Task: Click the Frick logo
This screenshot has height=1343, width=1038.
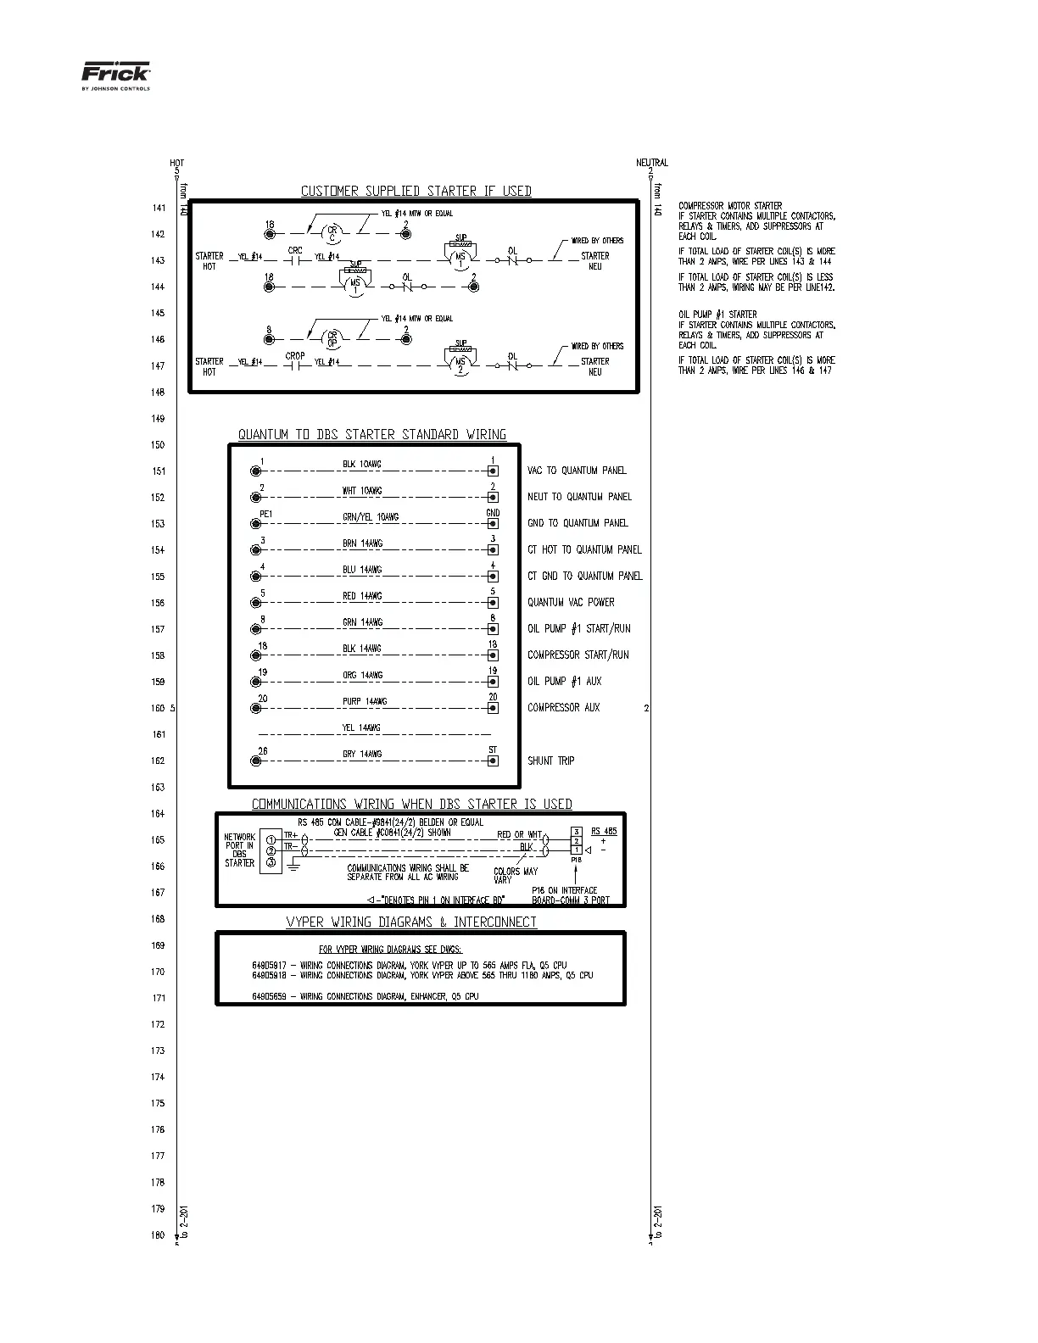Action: (115, 75)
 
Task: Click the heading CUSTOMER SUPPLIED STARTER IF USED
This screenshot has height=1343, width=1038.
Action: (416, 191)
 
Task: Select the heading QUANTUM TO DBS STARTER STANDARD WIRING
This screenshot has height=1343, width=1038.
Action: (371, 434)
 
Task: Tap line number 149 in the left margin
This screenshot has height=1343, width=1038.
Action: (158, 419)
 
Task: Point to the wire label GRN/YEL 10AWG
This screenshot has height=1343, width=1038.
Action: (371, 517)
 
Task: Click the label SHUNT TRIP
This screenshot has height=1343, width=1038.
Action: (550, 761)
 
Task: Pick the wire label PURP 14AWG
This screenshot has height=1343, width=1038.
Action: (365, 701)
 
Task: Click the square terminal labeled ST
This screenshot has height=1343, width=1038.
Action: (493, 761)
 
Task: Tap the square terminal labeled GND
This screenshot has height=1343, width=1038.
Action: (493, 524)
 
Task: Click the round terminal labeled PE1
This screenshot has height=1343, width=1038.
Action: (256, 524)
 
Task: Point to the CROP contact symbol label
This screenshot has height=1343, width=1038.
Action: (295, 356)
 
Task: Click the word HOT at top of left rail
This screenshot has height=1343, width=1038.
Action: (176, 163)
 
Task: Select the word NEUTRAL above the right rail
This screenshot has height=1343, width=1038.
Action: (652, 163)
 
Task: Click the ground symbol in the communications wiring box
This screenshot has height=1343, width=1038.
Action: (293, 864)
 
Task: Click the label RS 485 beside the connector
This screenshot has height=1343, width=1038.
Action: (604, 832)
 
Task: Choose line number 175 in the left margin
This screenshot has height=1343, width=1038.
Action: (158, 1103)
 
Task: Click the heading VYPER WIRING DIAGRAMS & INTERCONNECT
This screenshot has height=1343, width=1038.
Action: (410, 922)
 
